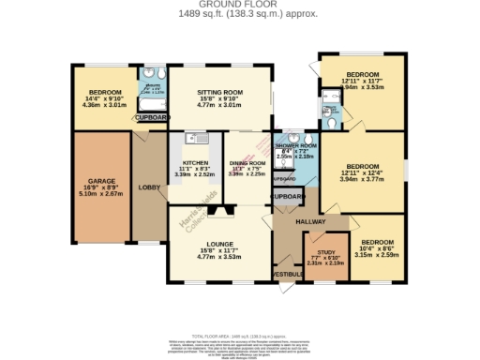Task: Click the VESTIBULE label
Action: click(286, 274)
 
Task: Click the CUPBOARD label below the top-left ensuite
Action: click(151, 118)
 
